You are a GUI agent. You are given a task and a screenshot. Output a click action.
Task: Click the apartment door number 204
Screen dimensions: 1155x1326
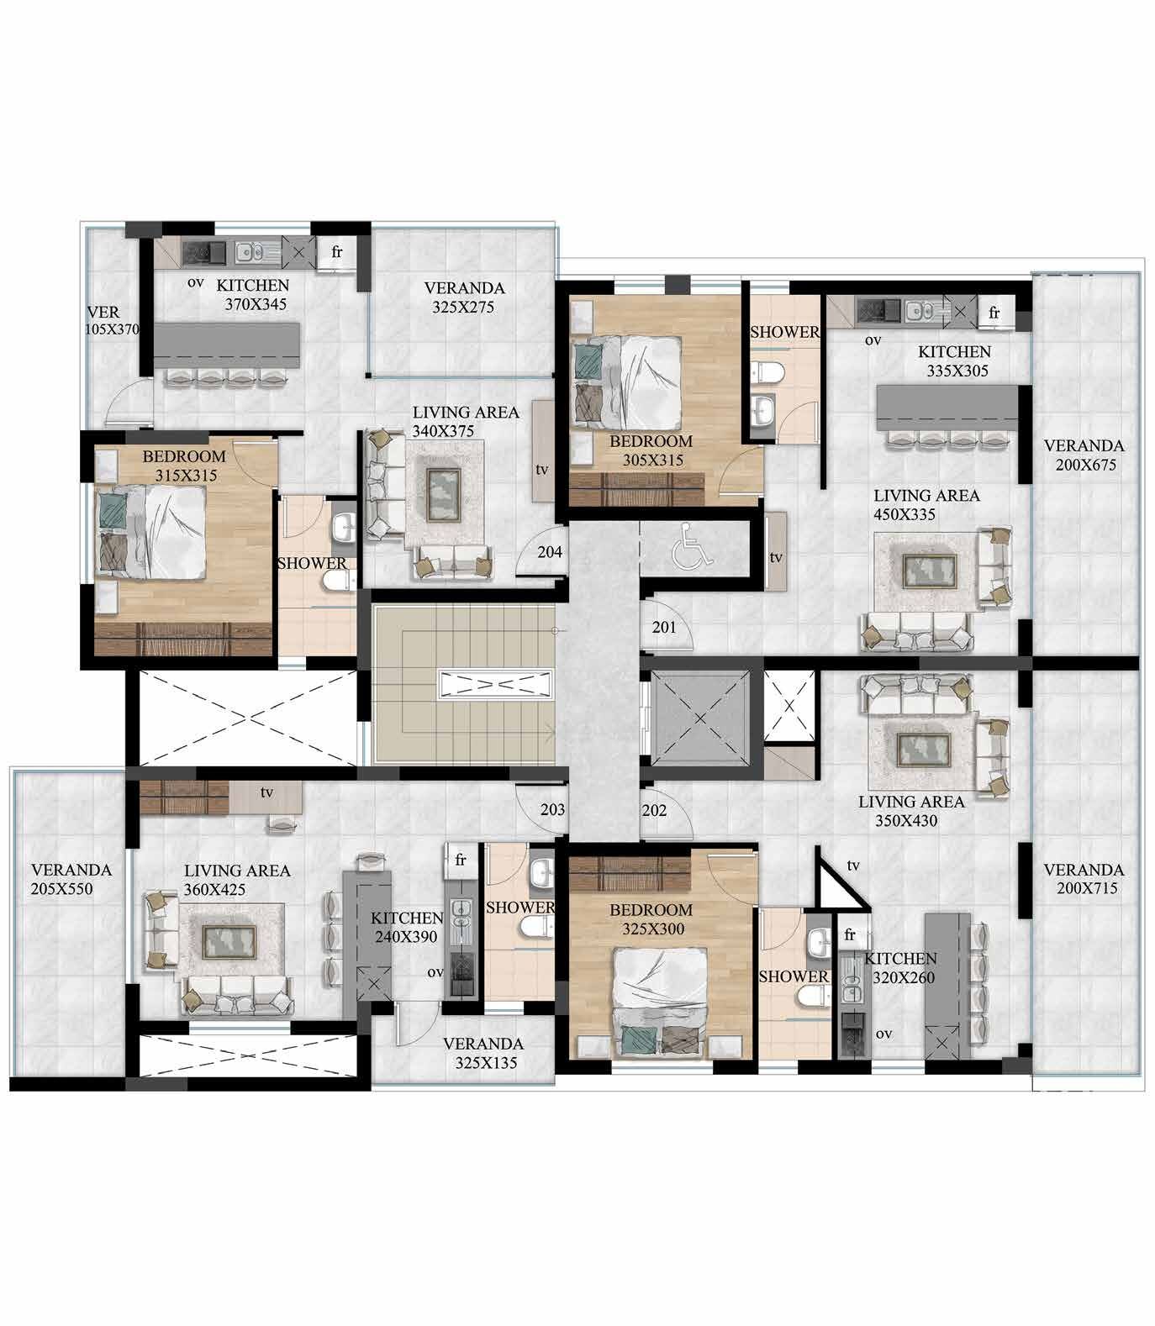(x=550, y=553)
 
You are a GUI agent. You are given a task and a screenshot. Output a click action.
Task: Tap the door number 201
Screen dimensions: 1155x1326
(x=664, y=627)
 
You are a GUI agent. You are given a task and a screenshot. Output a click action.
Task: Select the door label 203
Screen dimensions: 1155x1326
(x=552, y=810)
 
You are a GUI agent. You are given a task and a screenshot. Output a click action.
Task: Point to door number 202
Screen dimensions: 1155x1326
(x=654, y=810)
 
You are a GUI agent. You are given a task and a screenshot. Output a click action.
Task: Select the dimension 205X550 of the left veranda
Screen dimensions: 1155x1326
(x=71, y=889)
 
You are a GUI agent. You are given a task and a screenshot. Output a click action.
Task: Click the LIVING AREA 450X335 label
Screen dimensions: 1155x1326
(x=926, y=504)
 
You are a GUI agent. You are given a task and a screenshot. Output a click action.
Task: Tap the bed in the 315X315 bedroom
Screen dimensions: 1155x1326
(x=151, y=534)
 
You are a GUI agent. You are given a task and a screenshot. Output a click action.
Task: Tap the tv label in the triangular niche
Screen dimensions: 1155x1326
(x=853, y=866)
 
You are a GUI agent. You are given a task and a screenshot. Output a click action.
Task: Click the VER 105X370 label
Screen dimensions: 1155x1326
(x=113, y=321)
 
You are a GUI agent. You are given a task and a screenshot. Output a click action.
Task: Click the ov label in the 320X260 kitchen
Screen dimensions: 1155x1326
(x=883, y=1034)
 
